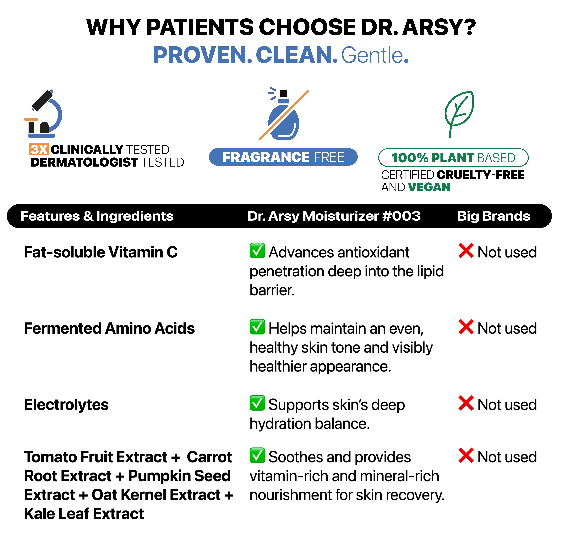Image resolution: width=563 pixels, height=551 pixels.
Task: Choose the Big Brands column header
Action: point(494,216)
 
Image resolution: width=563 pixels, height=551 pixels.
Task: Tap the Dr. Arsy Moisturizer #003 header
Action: point(334,216)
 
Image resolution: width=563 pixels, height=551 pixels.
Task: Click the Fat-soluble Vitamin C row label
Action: point(101,252)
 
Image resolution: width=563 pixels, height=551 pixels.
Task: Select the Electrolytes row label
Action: point(66,405)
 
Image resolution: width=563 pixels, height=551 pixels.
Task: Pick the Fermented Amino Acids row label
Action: point(109,328)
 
